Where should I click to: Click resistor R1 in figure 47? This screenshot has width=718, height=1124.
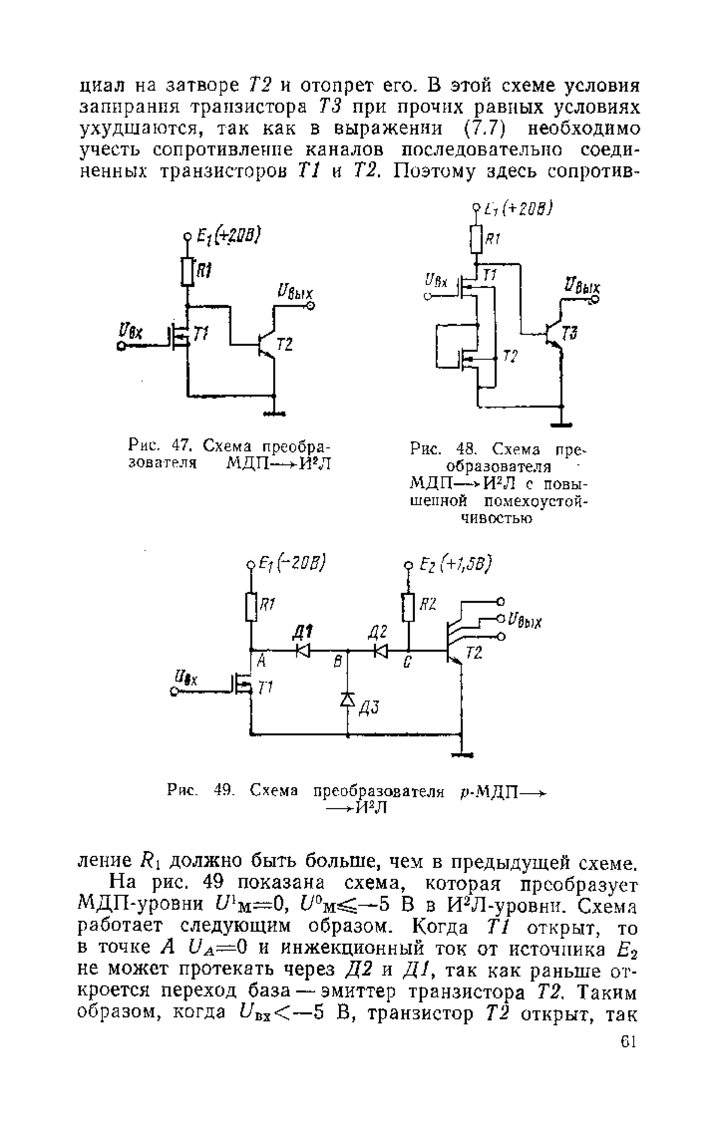pyautogui.click(x=188, y=271)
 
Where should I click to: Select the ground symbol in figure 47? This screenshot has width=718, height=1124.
pyautogui.click(x=274, y=413)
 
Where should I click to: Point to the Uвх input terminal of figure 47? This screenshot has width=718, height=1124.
pyautogui.click(x=121, y=346)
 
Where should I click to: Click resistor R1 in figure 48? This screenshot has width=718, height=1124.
pyautogui.click(x=477, y=239)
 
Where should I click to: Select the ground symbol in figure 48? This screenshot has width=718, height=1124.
pyautogui.click(x=562, y=425)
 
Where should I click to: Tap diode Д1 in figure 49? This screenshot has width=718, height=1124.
pyautogui.click(x=305, y=650)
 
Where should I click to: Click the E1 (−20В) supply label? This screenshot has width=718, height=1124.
pyautogui.click(x=291, y=564)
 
